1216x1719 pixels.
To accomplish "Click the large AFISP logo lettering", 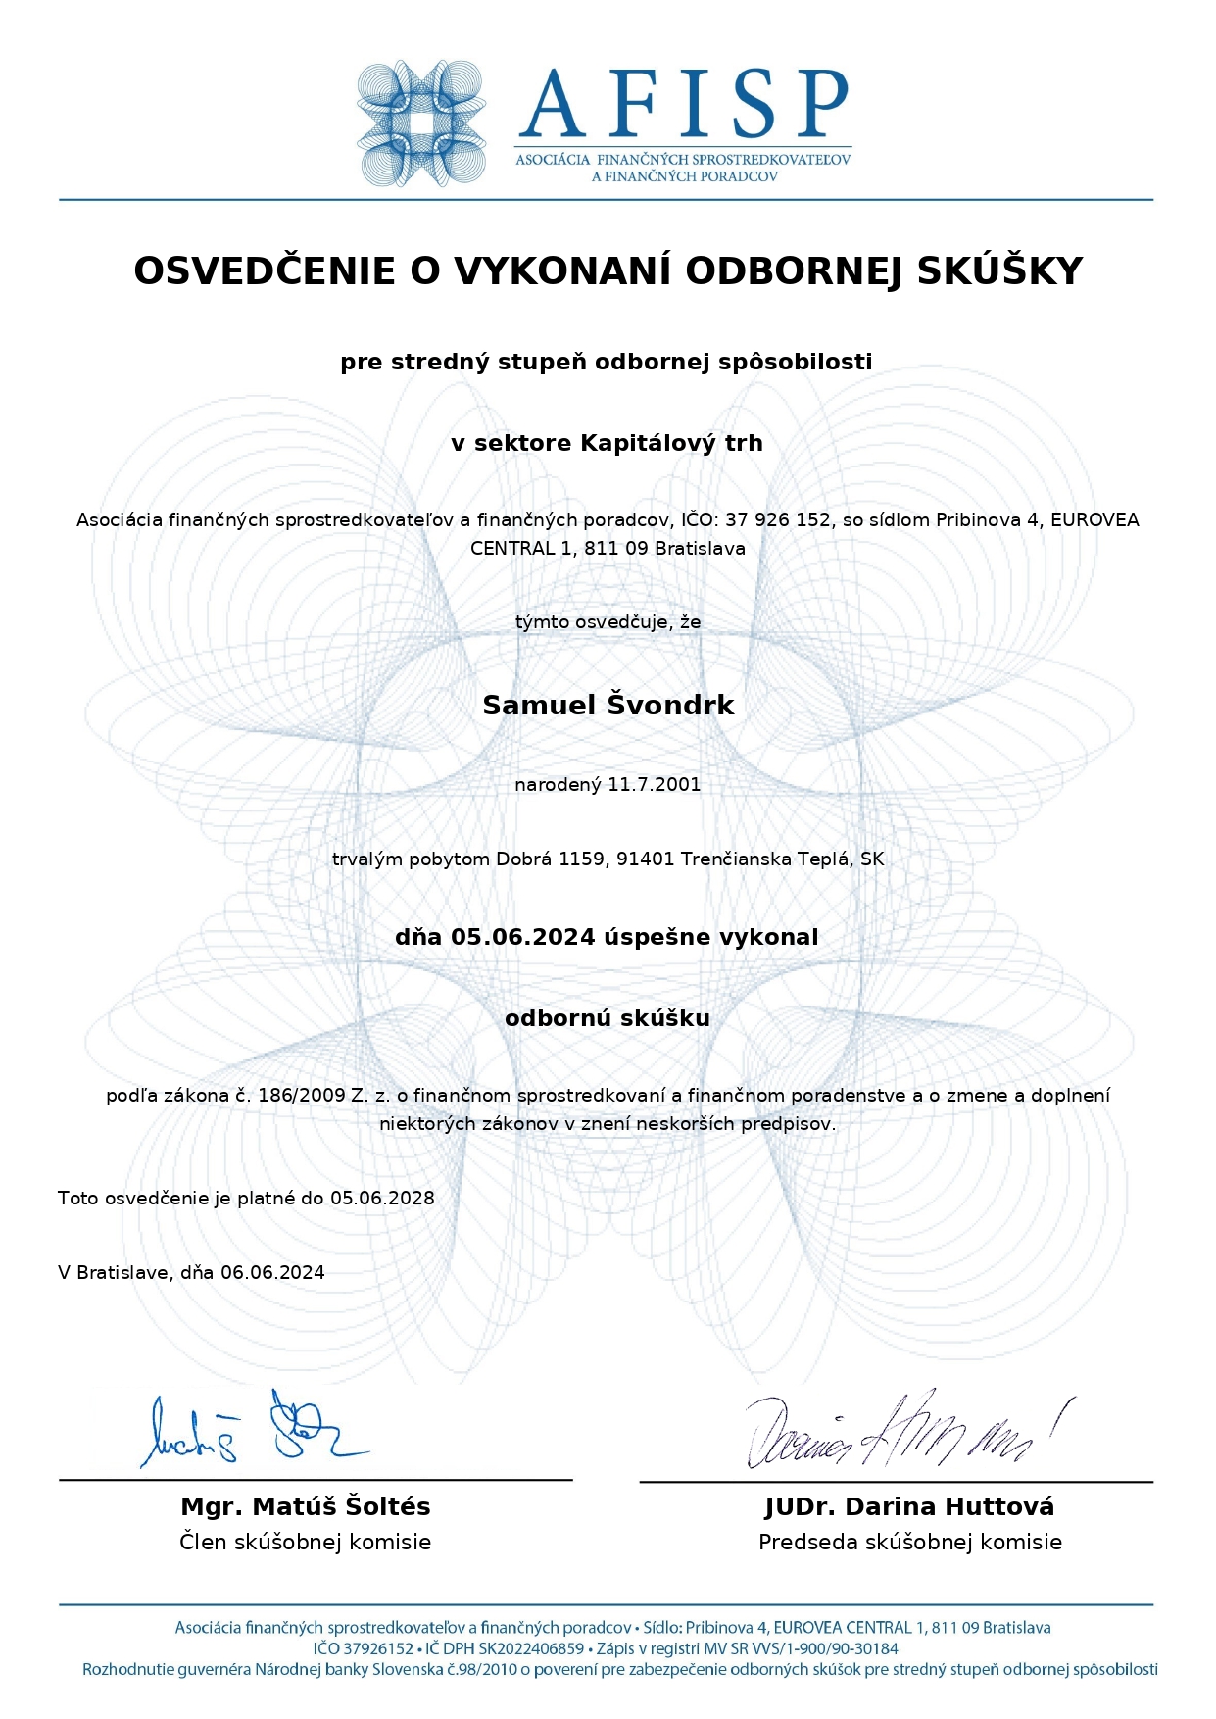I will click(x=683, y=103).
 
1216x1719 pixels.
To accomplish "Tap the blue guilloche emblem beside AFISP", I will click(x=421, y=123).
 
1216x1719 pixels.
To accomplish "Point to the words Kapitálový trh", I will click(x=671, y=443).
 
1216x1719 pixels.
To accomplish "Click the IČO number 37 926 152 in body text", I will click(x=778, y=520).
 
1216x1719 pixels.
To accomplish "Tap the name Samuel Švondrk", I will click(x=608, y=705).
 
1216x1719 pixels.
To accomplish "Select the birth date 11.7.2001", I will click(x=655, y=784).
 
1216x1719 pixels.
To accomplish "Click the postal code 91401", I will click(x=645, y=859).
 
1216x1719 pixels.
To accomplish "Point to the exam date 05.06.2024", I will click(x=522, y=937).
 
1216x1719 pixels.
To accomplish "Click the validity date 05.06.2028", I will click(x=382, y=1198).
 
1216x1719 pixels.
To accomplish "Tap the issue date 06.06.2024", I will click(x=272, y=1272).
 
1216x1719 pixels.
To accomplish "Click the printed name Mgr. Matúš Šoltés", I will click(x=306, y=1506).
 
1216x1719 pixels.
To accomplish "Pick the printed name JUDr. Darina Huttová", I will click(x=909, y=1506).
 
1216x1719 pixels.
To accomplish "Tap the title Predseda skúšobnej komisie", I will click(x=909, y=1542).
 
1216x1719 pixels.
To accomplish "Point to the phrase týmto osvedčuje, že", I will click(x=608, y=621).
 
